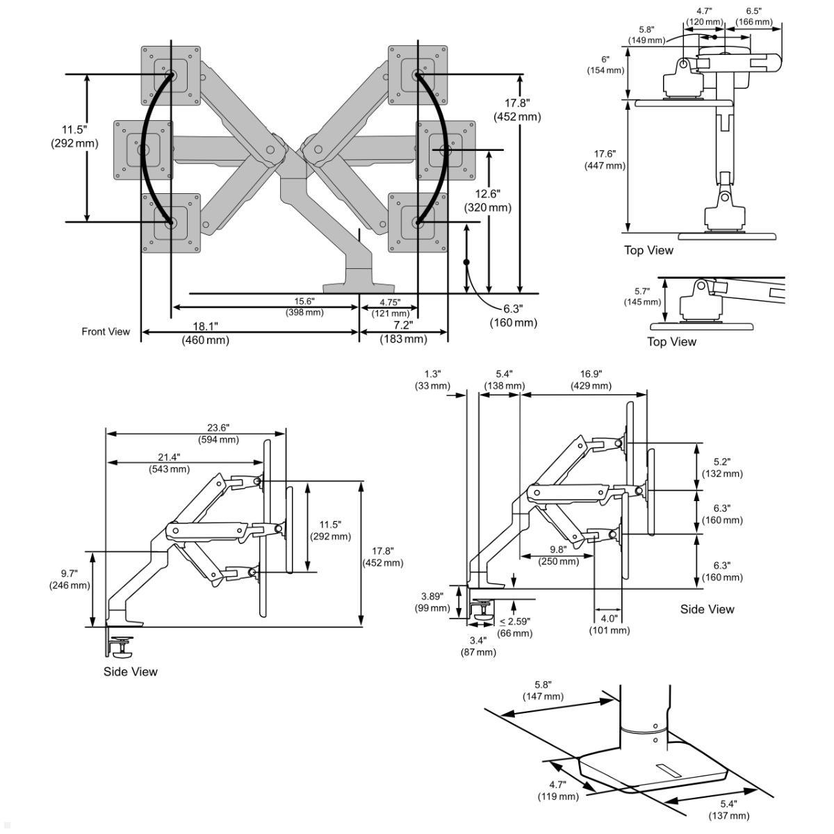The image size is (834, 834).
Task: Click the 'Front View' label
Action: coord(106,332)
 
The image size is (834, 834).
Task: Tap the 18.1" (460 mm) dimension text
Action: coord(205,333)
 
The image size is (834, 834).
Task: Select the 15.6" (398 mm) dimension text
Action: coord(304,306)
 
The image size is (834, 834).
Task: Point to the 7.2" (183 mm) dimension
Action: coord(403,332)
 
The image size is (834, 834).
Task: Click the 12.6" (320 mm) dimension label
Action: coord(487,200)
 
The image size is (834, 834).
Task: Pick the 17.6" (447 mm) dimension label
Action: coord(605,160)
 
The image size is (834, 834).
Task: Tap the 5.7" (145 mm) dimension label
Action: coord(642,297)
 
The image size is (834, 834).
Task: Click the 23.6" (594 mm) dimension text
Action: coord(218,434)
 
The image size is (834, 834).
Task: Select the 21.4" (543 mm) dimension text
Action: coord(169,463)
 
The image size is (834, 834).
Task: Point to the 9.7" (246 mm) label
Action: coord(69,579)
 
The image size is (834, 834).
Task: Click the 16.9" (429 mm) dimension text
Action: coord(591,379)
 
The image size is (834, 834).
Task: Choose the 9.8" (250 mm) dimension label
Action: coord(559,555)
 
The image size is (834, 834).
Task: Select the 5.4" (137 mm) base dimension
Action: coord(728,809)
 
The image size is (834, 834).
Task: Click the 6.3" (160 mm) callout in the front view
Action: coord(514,316)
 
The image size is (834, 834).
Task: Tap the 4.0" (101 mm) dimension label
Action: coord(609,624)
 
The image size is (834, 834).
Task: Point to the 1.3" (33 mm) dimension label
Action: coord(432,379)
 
